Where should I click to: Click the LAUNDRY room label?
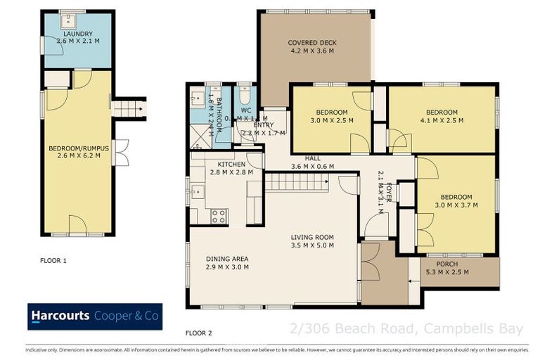pyautogui.click(x=77, y=33)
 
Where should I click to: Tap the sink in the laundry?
pyautogui.click(x=72, y=20)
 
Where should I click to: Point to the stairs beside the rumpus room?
pyautogui.click(x=129, y=109)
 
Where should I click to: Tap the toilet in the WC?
pyautogui.click(x=245, y=95)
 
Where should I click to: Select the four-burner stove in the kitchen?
pyautogui.click(x=219, y=216)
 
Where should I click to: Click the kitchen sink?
pyautogui.click(x=197, y=191)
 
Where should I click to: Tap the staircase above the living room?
pyautogui.click(x=297, y=183)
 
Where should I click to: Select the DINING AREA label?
pyautogui.click(x=226, y=259)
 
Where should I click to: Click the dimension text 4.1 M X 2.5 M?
pyautogui.click(x=442, y=120)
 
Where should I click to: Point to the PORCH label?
pyautogui.click(x=446, y=264)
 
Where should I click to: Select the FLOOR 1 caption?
pyautogui.click(x=53, y=260)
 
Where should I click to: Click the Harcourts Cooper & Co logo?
pyautogui.click(x=95, y=316)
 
